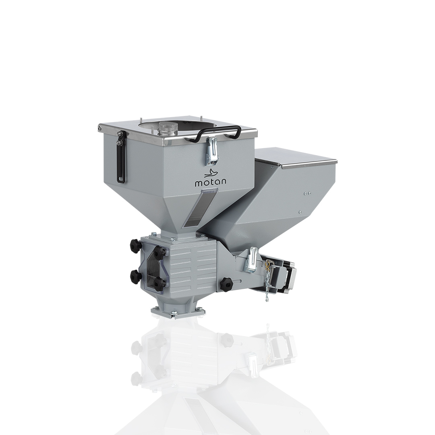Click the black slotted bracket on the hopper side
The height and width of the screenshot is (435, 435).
click(x=121, y=157)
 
